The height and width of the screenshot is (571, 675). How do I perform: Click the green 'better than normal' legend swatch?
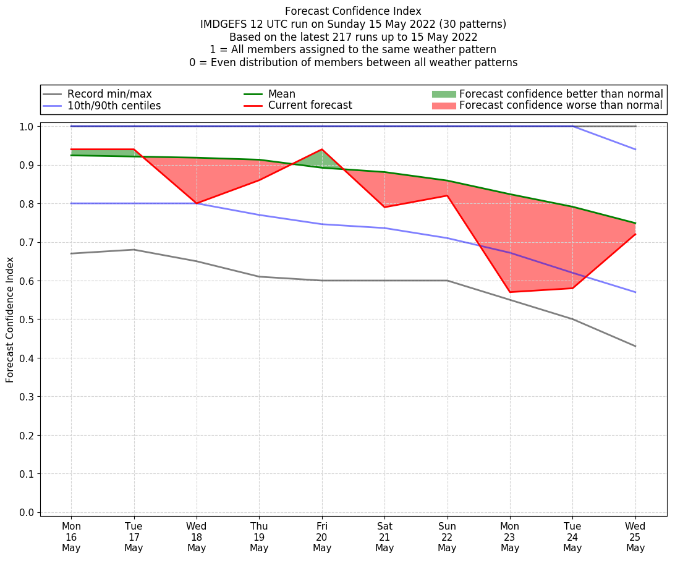click(443, 94)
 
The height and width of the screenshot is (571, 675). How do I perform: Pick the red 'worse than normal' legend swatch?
click(443, 106)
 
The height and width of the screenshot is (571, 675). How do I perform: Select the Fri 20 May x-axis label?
click(322, 537)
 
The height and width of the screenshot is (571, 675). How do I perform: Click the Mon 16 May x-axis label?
click(71, 537)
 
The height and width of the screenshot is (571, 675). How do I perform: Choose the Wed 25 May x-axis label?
click(635, 537)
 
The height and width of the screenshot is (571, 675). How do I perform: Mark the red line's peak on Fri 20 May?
click(322, 150)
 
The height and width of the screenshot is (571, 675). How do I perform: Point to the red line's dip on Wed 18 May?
click(197, 203)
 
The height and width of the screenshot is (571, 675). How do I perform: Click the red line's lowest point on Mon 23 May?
click(510, 292)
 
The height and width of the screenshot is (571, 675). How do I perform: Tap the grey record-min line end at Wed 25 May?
click(635, 346)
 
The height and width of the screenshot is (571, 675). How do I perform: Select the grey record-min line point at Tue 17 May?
click(134, 250)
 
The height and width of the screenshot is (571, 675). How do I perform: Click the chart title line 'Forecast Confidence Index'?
click(353, 11)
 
